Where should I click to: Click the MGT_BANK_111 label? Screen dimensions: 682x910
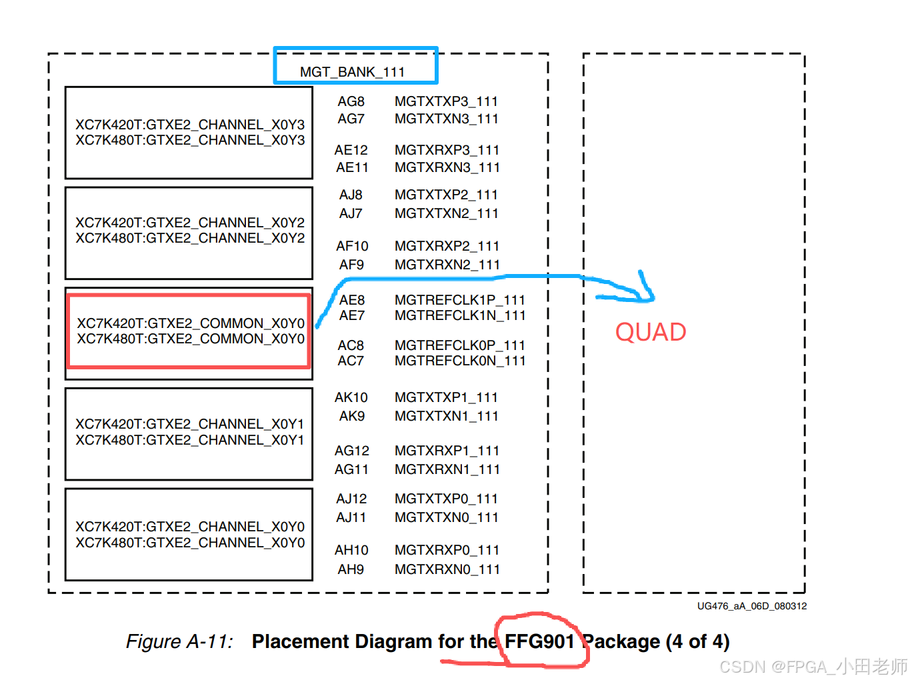point(352,72)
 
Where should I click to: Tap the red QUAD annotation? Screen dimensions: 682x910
point(650,332)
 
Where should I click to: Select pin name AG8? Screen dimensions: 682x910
point(351,101)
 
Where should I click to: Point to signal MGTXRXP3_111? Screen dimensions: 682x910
point(447,150)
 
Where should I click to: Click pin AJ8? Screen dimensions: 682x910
point(351,195)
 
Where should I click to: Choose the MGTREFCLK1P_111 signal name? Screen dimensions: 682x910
point(459,300)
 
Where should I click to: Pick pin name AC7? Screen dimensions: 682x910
point(351,361)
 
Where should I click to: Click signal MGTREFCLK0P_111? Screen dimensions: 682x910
point(459,345)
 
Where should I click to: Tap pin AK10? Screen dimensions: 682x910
point(351,397)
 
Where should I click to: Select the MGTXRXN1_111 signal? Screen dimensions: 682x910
point(447,469)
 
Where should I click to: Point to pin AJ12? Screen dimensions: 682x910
point(351,499)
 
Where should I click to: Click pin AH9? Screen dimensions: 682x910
point(351,569)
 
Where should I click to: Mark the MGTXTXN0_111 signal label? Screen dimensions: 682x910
point(447,517)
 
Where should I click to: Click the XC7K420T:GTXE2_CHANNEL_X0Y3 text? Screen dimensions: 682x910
point(190,125)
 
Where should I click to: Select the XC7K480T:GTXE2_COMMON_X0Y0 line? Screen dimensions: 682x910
point(191,339)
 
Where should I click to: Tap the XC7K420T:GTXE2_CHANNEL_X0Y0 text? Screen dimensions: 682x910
point(190,527)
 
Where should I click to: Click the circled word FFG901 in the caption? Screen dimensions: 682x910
point(539,641)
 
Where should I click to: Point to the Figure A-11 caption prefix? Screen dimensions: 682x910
point(179,641)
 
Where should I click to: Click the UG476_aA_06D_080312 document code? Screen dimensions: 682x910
point(751,606)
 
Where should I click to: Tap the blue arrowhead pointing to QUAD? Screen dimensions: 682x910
point(645,293)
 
